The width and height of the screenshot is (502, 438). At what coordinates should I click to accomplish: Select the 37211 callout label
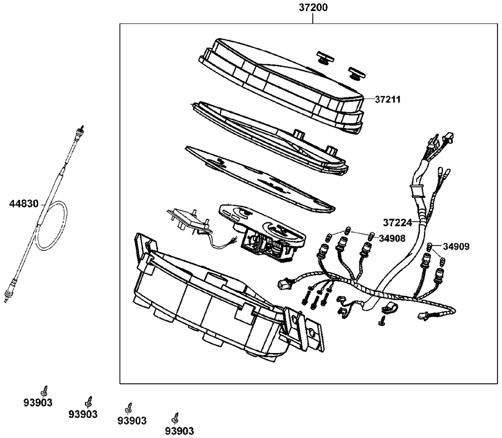[x=388, y=99]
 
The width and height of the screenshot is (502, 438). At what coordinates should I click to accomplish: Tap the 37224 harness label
[x=397, y=222]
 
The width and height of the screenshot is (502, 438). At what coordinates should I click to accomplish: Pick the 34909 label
[x=456, y=247]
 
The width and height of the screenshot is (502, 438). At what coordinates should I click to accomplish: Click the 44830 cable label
[x=24, y=203]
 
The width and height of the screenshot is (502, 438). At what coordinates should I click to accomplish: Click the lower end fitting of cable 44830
[x=9, y=294]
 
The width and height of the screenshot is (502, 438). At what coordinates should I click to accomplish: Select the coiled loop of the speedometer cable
[x=53, y=226]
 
